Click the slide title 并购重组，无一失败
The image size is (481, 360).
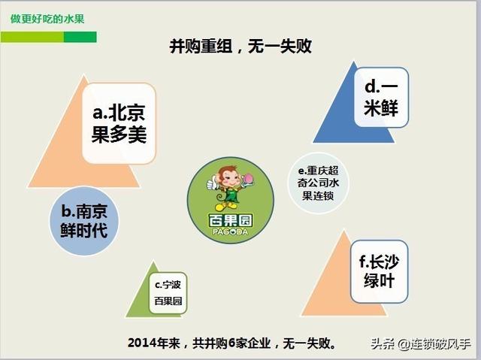click(240, 47)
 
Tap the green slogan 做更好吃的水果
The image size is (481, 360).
click(47, 19)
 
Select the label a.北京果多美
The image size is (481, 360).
click(119, 123)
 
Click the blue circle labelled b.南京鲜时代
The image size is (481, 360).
click(83, 221)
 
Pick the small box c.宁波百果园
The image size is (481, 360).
click(168, 293)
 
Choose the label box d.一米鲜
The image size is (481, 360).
click(381, 97)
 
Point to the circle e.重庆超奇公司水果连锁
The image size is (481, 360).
click(318, 183)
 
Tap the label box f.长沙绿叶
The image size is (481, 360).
click(379, 271)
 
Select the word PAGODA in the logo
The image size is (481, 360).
click(231, 231)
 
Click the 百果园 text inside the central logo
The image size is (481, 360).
click(231, 220)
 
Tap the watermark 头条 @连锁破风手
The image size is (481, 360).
click(421, 344)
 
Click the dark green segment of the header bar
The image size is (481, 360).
click(80, 37)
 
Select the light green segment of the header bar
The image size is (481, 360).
click(32, 37)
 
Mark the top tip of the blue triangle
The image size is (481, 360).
click(354, 62)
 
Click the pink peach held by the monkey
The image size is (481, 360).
click(247, 178)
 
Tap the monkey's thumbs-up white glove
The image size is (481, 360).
click(211, 183)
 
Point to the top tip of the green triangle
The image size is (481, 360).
click(153, 262)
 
